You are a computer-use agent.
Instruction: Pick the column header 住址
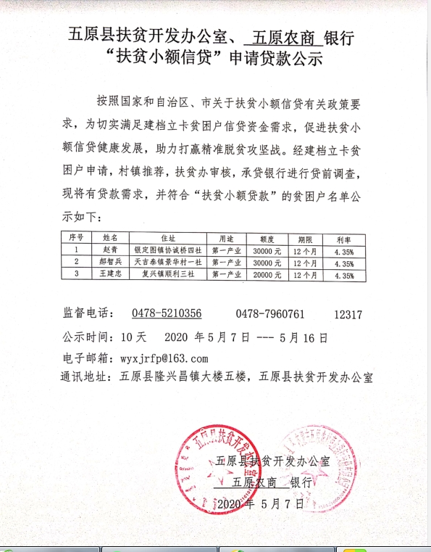pyautogui.click(x=169, y=236)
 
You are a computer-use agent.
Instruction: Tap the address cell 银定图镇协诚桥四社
pyautogui.click(x=169, y=248)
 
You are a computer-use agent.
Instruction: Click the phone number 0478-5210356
pyautogui.click(x=166, y=313)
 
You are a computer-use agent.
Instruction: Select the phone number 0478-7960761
pyautogui.click(x=270, y=313)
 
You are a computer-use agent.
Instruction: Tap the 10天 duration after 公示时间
pyautogui.click(x=134, y=337)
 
